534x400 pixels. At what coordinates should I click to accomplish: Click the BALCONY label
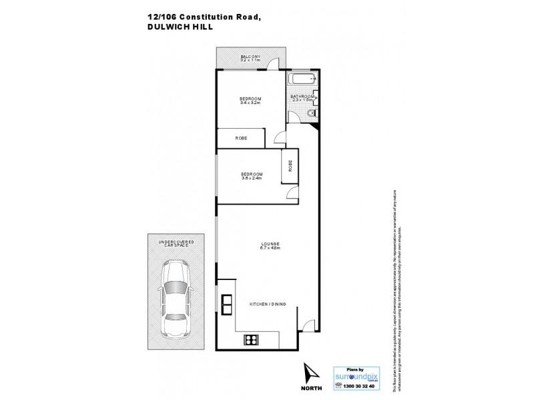(250, 57)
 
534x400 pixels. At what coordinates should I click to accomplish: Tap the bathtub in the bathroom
(302, 79)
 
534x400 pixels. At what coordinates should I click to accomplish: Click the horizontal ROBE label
(241, 138)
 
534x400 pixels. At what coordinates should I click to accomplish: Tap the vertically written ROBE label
(290, 166)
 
